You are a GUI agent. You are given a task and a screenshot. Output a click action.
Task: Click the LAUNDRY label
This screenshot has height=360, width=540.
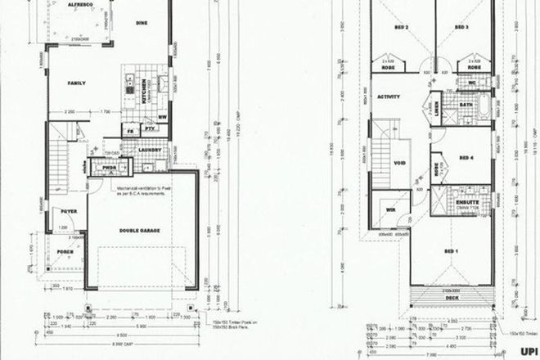[148, 150]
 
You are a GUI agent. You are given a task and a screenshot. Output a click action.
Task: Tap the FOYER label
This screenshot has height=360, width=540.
[69, 211]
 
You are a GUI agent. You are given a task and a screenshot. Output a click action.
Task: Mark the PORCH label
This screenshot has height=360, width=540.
[64, 251]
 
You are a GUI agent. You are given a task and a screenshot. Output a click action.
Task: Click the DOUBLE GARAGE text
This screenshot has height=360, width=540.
[139, 231]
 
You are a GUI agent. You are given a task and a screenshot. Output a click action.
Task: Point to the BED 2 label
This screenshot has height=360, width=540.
[401, 27]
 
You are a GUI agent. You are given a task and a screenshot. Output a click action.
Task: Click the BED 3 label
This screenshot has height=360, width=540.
[462, 27]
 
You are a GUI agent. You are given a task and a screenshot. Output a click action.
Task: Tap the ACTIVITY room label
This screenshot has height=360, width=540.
[389, 97]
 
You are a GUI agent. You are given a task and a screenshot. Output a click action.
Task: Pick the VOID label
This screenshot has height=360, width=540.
[400, 163]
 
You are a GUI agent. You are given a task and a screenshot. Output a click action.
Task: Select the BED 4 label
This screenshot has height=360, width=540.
[467, 158]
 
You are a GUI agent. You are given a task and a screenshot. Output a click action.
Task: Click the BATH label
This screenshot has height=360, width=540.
[466, 105]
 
